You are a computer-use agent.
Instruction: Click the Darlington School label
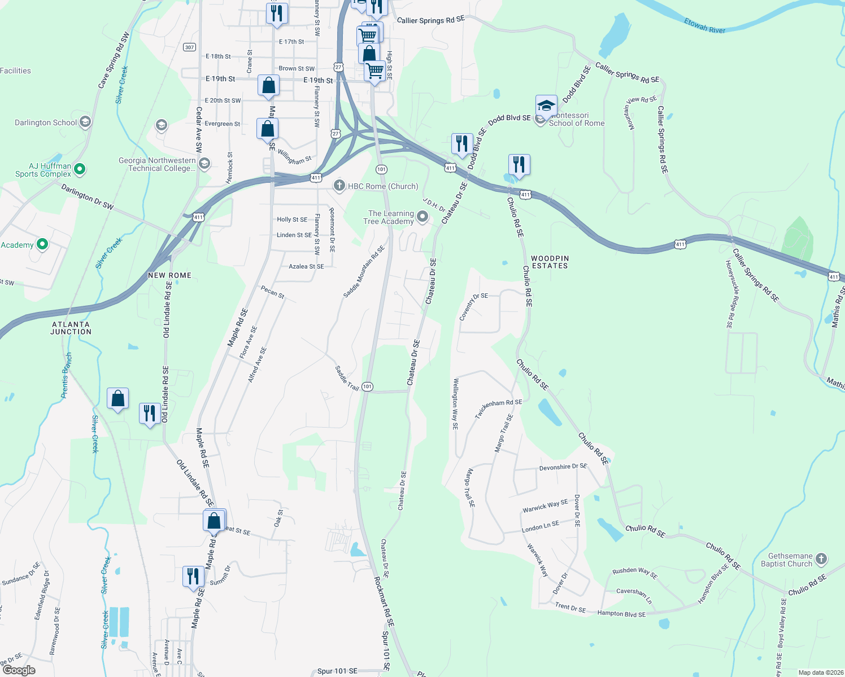[46, 122]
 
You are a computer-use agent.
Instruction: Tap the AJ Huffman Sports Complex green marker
[80, 169]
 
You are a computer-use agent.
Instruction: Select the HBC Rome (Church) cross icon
[339, 186]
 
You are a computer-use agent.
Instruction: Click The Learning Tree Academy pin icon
[422, 217]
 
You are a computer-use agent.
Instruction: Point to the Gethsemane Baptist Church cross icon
[821, 559]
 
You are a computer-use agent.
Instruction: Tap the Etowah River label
[704, 26]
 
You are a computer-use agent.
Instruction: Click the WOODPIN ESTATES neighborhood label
[550, 262]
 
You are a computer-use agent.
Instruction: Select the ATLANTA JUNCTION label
[71, 328]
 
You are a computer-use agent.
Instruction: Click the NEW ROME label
[169, 275]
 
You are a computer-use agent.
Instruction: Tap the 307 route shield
[189, 47]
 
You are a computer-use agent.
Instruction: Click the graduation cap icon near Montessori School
[546, 106]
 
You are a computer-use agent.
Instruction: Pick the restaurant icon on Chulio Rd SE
[519, 165]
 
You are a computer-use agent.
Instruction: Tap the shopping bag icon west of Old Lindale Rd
[117, 399]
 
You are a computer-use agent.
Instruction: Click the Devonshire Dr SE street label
[563, 467]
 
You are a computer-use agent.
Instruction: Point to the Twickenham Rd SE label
[498, 408]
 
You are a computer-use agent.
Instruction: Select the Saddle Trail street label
[347, 378]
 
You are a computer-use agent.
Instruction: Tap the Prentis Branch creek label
[67, 375]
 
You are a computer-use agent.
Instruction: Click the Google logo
[19, 670]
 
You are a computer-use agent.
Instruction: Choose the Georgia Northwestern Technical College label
[157, 164]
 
